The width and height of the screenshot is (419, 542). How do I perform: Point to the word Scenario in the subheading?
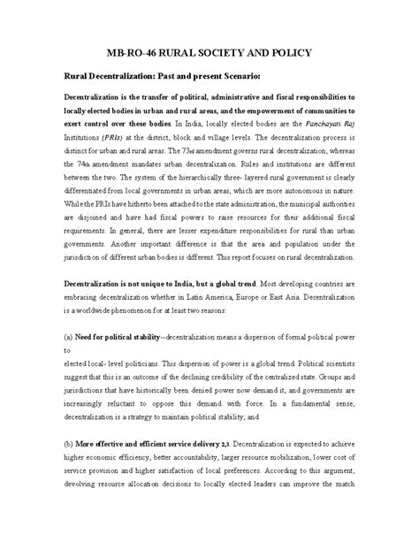(x=238, y=76)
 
